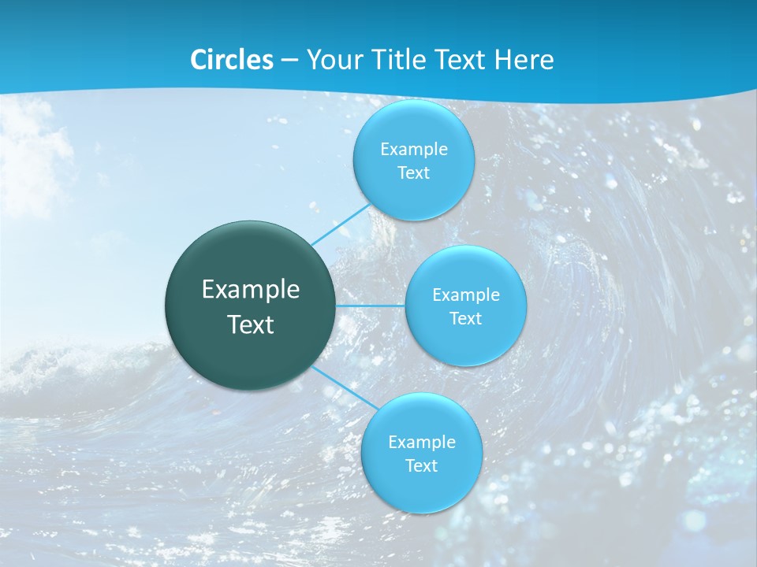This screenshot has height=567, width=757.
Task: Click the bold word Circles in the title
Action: point(232,60)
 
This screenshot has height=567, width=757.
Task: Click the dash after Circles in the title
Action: point(289,61)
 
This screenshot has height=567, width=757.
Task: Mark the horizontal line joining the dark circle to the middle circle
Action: point(371,306)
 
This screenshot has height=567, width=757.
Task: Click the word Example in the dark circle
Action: point(251,290)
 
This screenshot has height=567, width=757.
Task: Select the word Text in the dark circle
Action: point(251,324)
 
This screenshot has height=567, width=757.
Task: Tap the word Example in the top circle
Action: point(414,150)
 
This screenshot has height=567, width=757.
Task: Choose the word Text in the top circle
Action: point(413,173)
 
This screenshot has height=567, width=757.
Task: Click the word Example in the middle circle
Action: point(466,295)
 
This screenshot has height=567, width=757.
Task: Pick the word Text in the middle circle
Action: point(465,319)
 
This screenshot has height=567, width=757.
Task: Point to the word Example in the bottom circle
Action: point(422,443)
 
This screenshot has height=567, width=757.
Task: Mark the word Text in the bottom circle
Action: point(421,466)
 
